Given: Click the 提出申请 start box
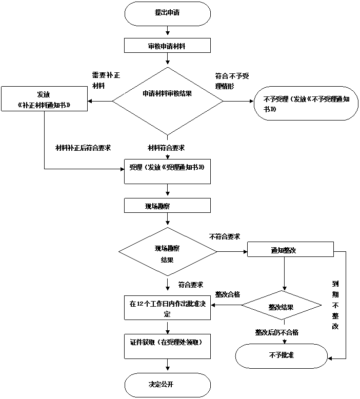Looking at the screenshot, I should click(x=167, y=13).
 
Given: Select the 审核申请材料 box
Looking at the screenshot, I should click(x=167, y=46).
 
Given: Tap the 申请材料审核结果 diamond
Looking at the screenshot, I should click(x=167, y=94).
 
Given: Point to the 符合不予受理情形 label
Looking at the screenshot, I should click(x=232, y=81).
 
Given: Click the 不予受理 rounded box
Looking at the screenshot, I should click(x=306, y=104).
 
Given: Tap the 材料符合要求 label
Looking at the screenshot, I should click(x=169, y=148).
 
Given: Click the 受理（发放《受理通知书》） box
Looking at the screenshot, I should click(x=167, y=172).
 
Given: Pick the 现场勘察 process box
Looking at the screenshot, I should click(x=167, y=206).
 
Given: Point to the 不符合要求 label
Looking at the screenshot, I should click(x=229, y=236).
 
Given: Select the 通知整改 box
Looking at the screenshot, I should click(x=290, y=250).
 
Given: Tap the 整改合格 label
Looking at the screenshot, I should click(x=234, y=293).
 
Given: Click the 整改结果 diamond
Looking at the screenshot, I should click(x=281, y=307).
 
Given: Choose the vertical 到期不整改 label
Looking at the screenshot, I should click(x=335, y=305).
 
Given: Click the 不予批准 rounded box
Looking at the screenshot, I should click(x=281, y=355).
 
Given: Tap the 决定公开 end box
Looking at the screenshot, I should click(x=167, y=385).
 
